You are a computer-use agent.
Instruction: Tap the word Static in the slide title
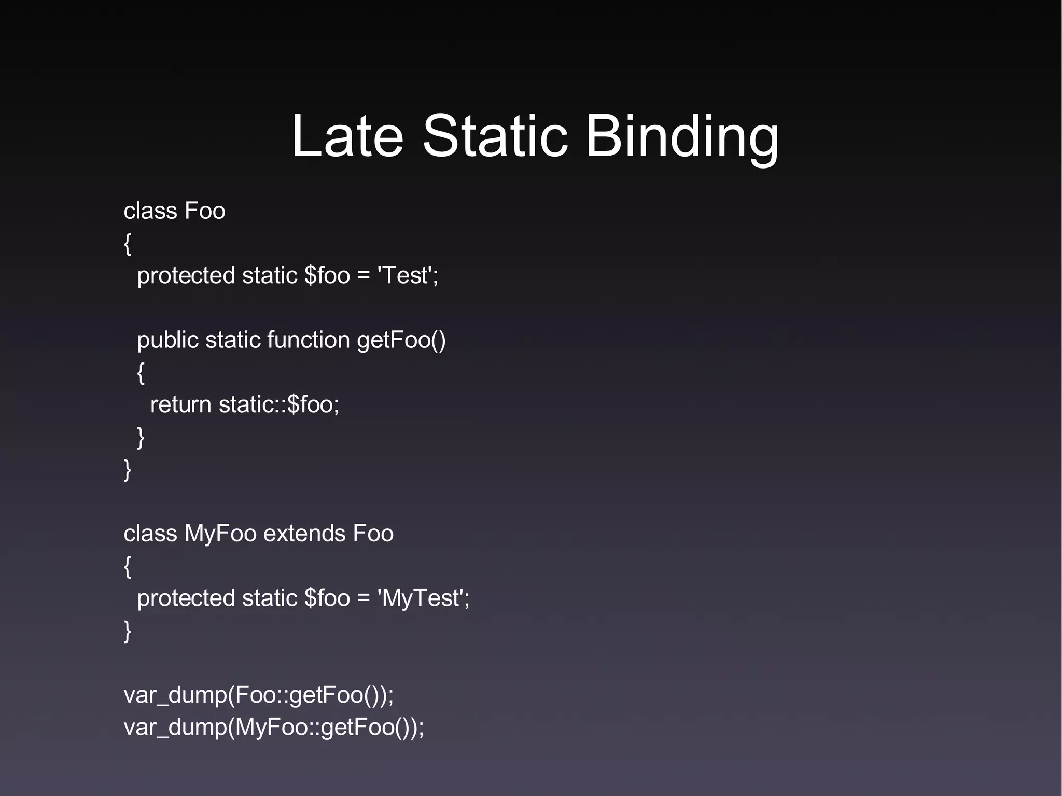pyautogui.click(x=495, y=136)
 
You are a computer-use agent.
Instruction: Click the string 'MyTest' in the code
pyautogui.click(x=421, y=598)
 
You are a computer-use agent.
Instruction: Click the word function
pyautogui.click(x=308, y=340)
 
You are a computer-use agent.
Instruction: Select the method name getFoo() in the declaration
pyautogui.click(x=401, y=340)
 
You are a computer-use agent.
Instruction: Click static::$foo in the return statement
pyautogui.click(x=278, y=404)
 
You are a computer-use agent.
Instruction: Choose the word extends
pyautogui.click(x=304, y=534)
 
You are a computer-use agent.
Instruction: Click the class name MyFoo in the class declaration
pyautogui.click(x=220, y=534)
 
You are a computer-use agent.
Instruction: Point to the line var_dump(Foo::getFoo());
pyautogui.click(x=258, y=695)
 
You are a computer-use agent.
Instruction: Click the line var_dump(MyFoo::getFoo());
pyautogui.click(x=274, y=727)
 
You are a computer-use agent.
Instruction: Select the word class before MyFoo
pyautogui.click(x=150, y=534)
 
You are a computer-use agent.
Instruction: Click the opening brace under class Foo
pyautogui.click(x=128, y=244)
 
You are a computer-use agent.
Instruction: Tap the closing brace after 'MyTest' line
pyautogui.click(x=128, y=631)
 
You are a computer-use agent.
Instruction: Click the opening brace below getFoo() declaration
pyautogui.click(x=141, y=373)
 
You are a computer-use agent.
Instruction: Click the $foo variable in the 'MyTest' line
pyautogui.click(x=327, y=598)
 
